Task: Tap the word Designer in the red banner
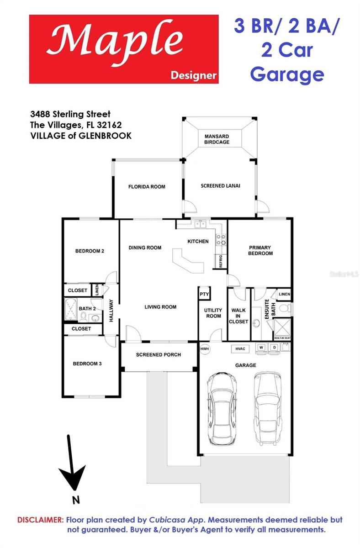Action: click(x=193, y=75)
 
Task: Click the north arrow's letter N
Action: click(x=76, y=500)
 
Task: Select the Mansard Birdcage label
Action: click(x=217, y=139)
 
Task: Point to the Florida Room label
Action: click(x=147, y=187)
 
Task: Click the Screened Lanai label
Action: click(x=220, y=186)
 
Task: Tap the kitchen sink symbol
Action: click(x=200, y=224)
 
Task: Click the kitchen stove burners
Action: click(x=221, y=240)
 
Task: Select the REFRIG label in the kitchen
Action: click(x=220, y=261)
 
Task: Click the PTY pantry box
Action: click(x=204, y=295)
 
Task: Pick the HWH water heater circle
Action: click(x=204, y=349)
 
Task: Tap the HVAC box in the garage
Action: click(x=240, y=348)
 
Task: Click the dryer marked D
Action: click(x=275, y=348)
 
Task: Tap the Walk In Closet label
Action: click(x=238, y=316)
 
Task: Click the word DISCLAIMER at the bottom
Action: click(x=40, y=520)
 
